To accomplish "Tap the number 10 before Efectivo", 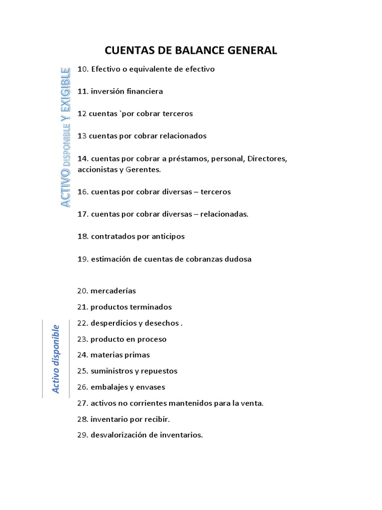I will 83,69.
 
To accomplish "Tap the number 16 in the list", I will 83,192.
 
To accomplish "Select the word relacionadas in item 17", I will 225,214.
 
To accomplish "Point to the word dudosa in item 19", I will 237,259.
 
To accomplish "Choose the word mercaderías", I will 113,291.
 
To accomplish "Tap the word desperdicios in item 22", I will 112,323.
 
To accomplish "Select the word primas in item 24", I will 139,355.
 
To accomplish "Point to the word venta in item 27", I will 252,403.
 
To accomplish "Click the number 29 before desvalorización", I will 83,435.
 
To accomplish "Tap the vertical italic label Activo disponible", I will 56,359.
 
